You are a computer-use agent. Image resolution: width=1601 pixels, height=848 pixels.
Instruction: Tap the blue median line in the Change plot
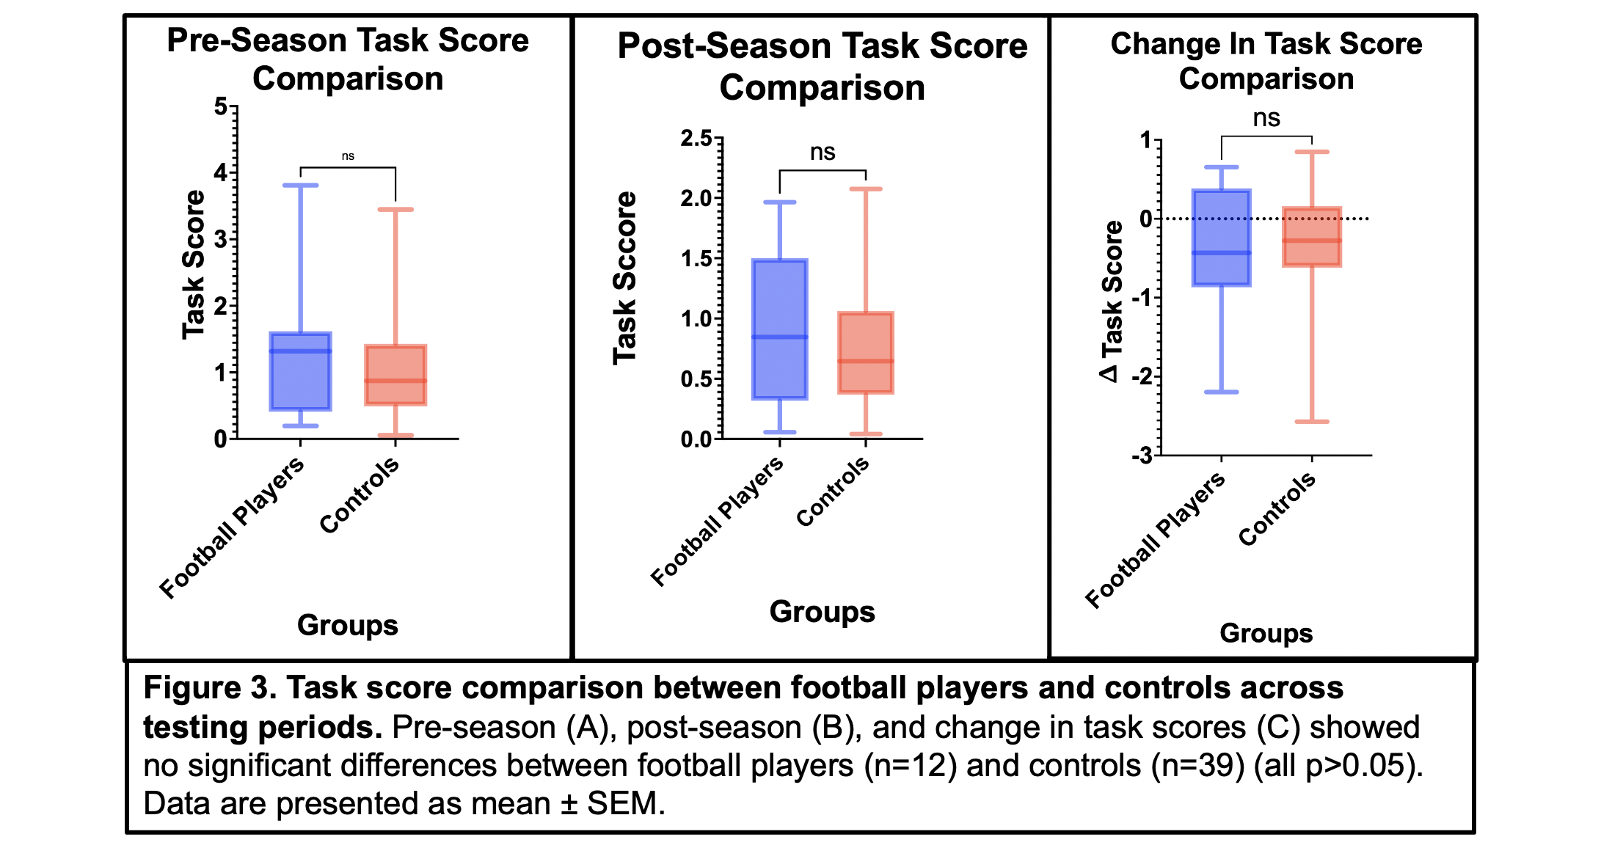click(1222, 253)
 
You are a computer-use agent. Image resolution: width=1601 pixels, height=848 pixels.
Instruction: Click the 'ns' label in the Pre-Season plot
click(348, 156)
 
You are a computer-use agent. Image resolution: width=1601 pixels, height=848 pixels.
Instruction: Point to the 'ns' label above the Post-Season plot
click(823, 152)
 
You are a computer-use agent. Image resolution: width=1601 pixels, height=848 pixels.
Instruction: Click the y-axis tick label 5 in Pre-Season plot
click(221, 107)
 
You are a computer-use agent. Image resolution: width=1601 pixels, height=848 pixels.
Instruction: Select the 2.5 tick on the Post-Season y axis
click(696, 138)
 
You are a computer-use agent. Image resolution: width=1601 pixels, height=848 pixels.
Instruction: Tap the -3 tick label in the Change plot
click(1142, 456)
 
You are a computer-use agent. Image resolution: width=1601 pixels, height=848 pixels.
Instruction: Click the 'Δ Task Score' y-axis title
click(1112, 301)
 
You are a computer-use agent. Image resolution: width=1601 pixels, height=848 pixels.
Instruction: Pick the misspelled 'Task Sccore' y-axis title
click(625, 278)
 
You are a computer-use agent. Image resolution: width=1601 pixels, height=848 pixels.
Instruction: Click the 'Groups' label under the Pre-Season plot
click(347, 625)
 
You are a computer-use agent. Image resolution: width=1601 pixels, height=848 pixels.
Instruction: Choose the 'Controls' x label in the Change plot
click(1277, 509)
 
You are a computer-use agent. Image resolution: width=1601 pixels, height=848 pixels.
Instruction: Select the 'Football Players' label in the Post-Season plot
click(717, 522)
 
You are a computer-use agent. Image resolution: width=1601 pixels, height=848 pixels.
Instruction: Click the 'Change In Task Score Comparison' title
click(1266, 61)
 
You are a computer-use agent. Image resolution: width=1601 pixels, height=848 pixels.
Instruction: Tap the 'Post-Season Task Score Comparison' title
click(822, 67)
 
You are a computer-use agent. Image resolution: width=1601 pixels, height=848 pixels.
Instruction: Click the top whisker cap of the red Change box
click(1312, 152)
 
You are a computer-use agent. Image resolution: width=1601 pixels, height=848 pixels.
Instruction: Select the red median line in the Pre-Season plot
click(395, 381)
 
